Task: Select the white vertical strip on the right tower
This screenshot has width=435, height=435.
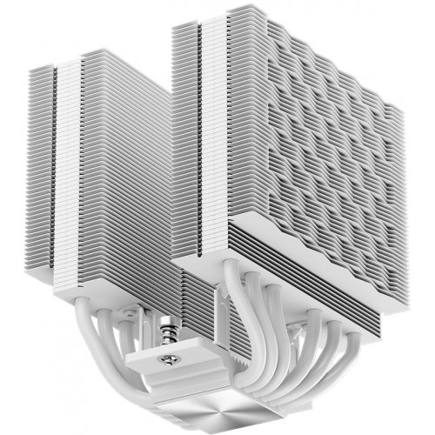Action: point(208,130)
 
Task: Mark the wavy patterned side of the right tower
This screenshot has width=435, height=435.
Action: point(322,174)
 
